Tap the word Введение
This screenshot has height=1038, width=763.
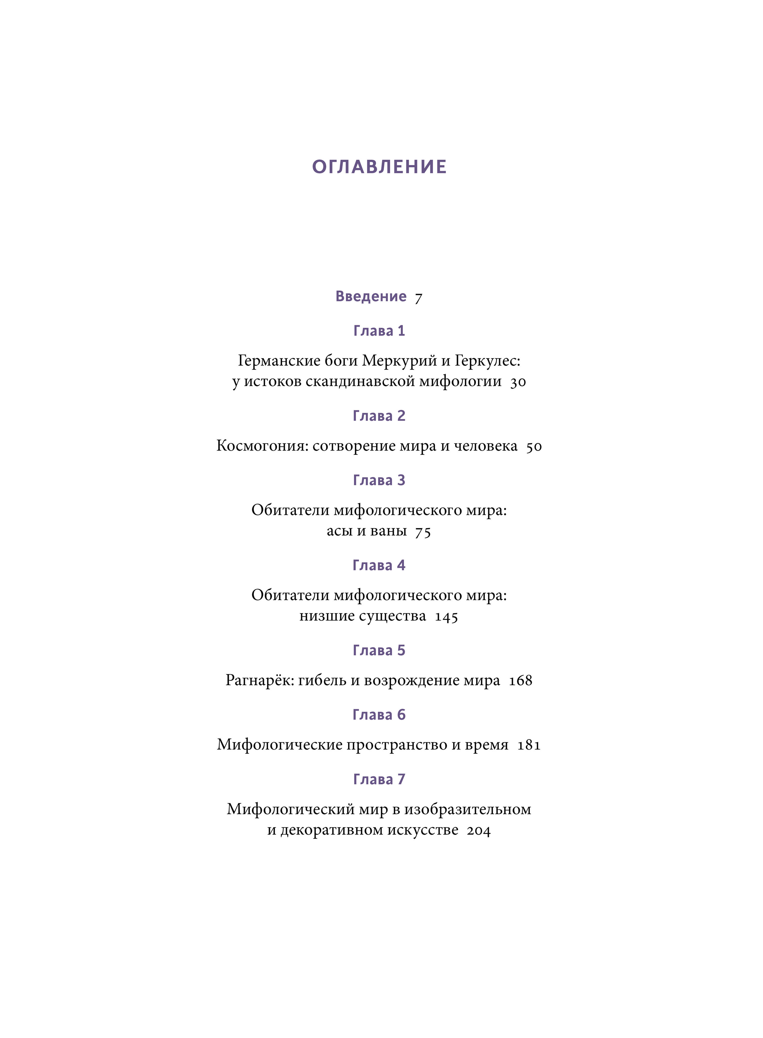point(371,296)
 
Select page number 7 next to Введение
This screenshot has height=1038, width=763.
point(418,298)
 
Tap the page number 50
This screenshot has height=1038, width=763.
point(534,447)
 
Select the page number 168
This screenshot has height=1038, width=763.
point(521,681)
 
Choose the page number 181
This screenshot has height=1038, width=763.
point(529,745)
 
